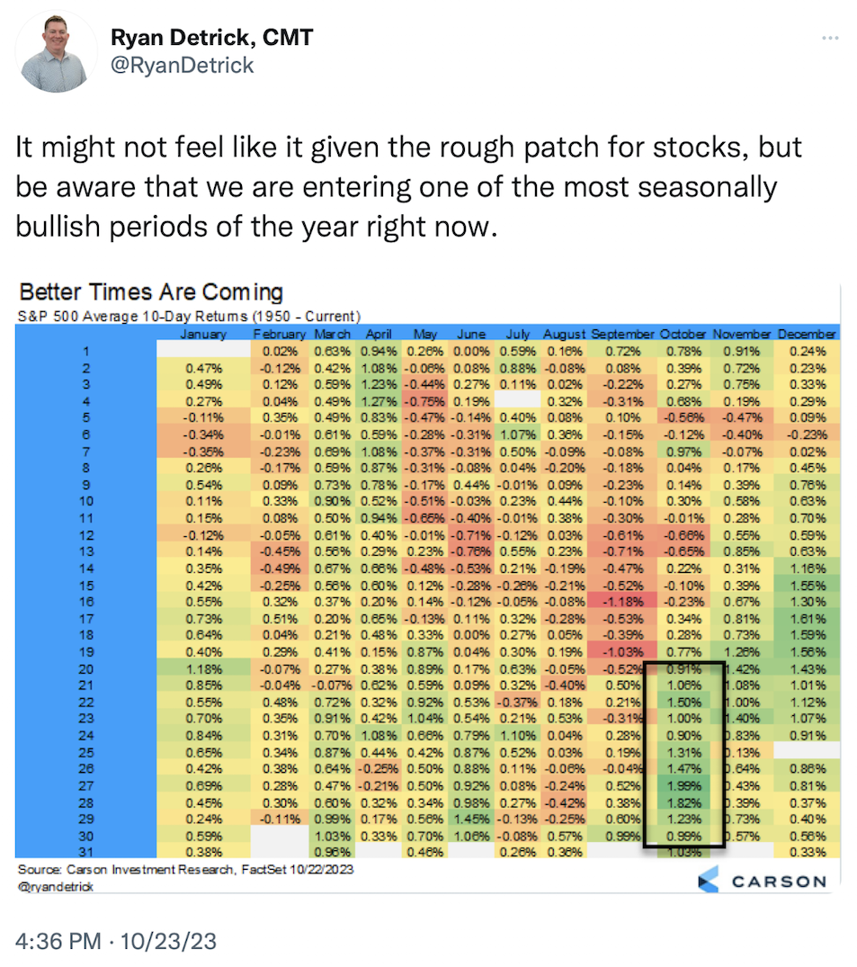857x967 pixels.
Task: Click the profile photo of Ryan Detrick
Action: (x=57, y=51)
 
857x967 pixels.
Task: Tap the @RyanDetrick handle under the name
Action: (x=182, y=65)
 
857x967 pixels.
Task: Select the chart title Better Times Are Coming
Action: (x=151, y=292)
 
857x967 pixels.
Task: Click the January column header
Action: (x=203, y=335)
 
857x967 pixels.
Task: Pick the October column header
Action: (x=683, y=335)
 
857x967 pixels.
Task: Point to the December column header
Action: (x=807, y=335)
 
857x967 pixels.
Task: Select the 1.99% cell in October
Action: (x=683, y=784)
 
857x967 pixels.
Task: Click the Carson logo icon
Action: (x=710, y=881)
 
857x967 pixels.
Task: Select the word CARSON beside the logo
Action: (x=779, y=882)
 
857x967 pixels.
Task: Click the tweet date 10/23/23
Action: (x=173, y=942)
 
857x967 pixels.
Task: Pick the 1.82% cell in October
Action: (x=683, y=801)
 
